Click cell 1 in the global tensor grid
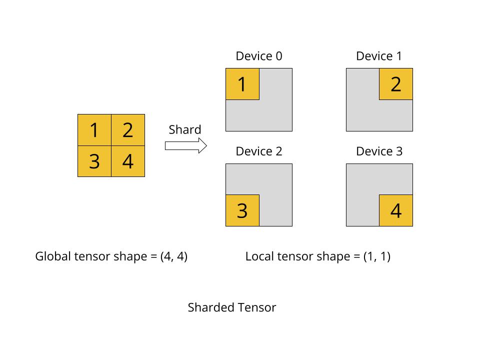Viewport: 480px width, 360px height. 94,130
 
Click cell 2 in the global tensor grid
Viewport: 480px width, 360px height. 128,130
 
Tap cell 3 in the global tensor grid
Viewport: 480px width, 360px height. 94,161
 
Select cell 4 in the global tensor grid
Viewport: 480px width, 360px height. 128,161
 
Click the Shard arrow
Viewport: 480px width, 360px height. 185,146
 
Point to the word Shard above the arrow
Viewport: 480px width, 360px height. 185,130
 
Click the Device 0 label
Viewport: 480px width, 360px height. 259,56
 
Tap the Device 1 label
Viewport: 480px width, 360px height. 379,56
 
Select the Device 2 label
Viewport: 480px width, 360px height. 259,151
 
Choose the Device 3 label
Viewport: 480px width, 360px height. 379,151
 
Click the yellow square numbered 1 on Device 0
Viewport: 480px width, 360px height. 242,84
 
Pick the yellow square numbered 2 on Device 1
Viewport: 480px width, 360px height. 396,84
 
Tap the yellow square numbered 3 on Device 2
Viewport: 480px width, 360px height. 242,210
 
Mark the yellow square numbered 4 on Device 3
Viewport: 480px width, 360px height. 396,210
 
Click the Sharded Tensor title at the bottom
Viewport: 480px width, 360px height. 232,307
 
